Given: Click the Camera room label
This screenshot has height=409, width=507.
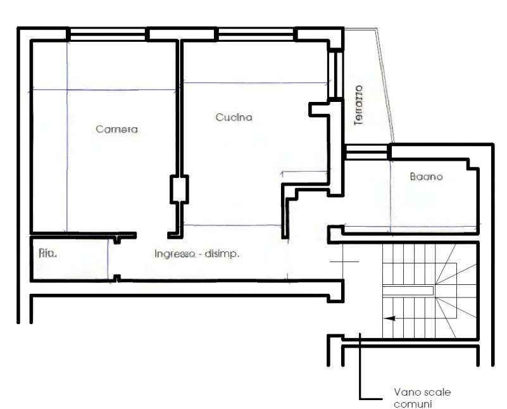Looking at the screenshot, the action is (116, 129).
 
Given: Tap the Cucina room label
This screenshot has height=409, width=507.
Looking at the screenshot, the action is (234, 117).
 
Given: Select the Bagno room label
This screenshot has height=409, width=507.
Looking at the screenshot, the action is (426, 177).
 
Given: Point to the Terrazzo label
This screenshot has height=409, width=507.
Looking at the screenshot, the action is (359, 105).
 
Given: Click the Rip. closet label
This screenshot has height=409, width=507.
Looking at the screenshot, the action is (48, 253).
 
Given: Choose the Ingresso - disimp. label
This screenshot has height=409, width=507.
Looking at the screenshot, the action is (197, 254).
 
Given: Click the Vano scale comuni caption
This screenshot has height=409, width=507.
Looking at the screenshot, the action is (422, 398).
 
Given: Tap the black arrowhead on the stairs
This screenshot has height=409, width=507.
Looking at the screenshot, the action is (391, 318).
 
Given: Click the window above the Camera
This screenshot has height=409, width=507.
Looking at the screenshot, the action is (108, 34).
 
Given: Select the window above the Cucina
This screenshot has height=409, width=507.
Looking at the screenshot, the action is (256, 34).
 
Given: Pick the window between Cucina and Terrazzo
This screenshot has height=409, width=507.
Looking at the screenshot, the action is (335, 74).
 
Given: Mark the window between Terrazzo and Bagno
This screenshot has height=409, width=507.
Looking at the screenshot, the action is (366, 152).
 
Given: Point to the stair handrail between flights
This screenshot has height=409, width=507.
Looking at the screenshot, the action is (408, 291).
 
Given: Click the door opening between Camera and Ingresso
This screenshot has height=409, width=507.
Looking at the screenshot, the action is (152, 236).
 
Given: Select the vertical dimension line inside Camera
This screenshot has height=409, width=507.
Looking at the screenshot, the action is (67, 137).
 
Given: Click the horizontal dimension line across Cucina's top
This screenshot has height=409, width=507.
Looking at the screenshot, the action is (256, 83).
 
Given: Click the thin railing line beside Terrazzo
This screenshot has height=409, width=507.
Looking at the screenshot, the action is (385, 85).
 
